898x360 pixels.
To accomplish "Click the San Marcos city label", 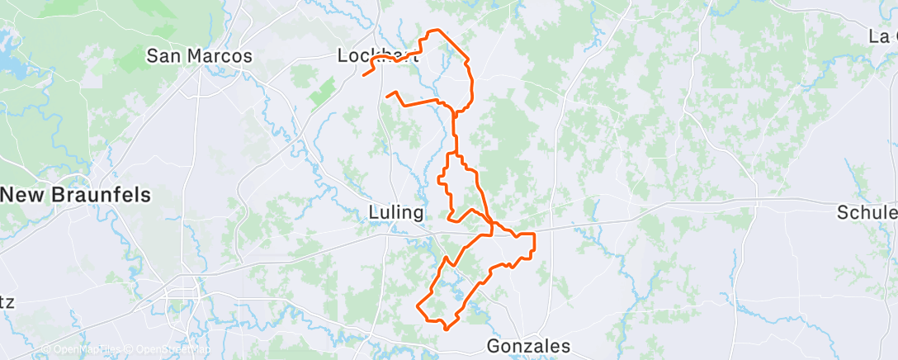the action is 199,56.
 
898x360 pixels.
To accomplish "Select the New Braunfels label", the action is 76,196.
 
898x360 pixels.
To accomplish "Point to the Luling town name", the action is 395,213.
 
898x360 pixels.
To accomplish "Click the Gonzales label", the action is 528,345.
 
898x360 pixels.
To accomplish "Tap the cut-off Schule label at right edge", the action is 867,212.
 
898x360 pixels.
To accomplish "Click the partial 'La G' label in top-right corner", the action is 882,36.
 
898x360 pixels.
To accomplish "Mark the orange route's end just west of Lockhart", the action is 364,76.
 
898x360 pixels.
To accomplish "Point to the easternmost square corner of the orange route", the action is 535,235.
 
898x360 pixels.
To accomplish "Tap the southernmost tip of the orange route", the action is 447,329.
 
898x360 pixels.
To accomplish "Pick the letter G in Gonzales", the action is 494,345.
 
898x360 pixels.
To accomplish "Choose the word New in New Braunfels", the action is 22,196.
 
